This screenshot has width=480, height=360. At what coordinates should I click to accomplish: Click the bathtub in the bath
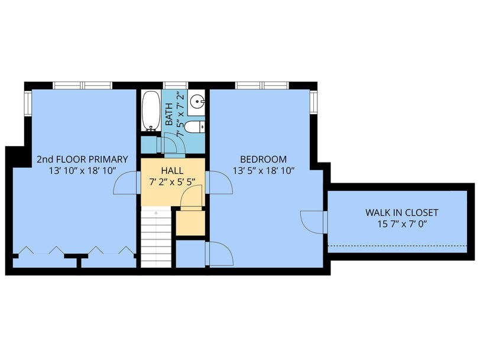[151, 111]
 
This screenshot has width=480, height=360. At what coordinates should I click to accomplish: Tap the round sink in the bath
[197, 100]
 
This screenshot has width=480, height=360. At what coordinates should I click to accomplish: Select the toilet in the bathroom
[194, 127]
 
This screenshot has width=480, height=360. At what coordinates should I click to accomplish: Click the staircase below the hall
[156, 237]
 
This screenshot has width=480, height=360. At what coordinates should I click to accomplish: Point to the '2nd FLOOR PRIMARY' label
[82, 159]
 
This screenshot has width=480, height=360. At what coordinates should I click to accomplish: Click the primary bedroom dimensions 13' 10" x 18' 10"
[82, 170]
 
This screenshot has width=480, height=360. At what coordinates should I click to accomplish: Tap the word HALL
[173, 170]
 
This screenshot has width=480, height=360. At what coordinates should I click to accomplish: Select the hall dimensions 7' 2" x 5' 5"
[173, 182]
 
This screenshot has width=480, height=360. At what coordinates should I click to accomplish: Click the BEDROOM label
[264, 159]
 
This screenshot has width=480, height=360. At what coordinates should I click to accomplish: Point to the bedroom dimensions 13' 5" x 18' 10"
[264, 170]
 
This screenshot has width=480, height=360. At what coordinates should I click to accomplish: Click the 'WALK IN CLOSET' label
[402, 212]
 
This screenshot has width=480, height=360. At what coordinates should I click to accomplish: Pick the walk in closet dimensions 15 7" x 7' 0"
[402, 224]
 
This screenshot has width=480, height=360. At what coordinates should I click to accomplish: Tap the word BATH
[169, 114]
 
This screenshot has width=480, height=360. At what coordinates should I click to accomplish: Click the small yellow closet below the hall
[190, 223]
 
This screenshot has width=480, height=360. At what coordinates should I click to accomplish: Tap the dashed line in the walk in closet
[397, 245]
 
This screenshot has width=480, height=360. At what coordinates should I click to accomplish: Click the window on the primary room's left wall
[28, 104]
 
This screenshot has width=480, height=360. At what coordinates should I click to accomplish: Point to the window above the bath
[175, 85]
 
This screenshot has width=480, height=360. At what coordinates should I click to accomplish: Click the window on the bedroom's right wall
[313, 102]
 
